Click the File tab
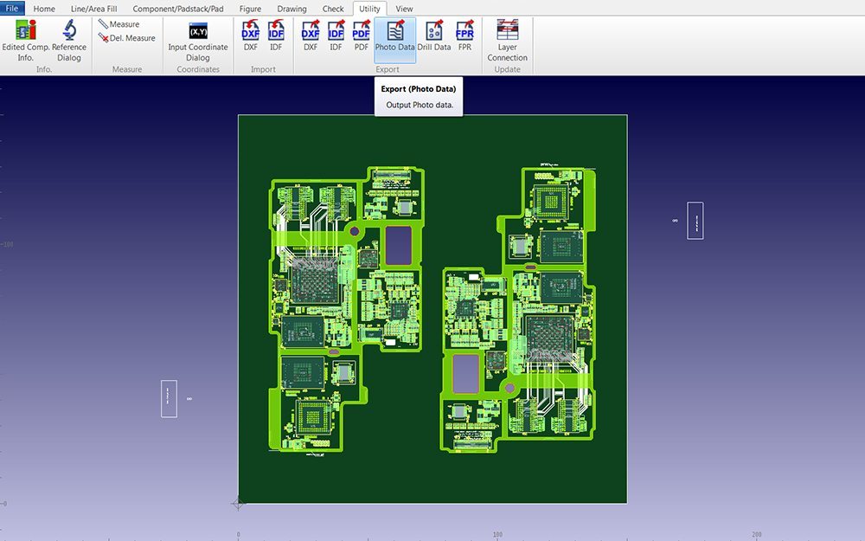point(12,9)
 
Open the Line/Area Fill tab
point(93,9)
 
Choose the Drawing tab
point(292,9)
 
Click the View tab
point(404,9)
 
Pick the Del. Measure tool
point(127,38)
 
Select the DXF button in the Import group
point(251,36)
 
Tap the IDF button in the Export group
point(336,36)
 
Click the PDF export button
point(362,36)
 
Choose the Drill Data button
point(434,36)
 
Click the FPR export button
point(465,36)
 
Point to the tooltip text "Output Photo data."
point(420,105)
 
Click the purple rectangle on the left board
point(399,245)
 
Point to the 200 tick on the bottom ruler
point(756,535)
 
